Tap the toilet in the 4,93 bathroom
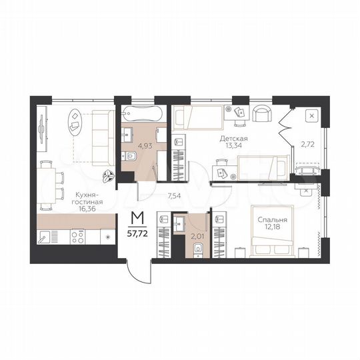point(131,157)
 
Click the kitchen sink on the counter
point(46,237)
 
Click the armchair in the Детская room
point(262,115)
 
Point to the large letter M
point(137,218)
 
